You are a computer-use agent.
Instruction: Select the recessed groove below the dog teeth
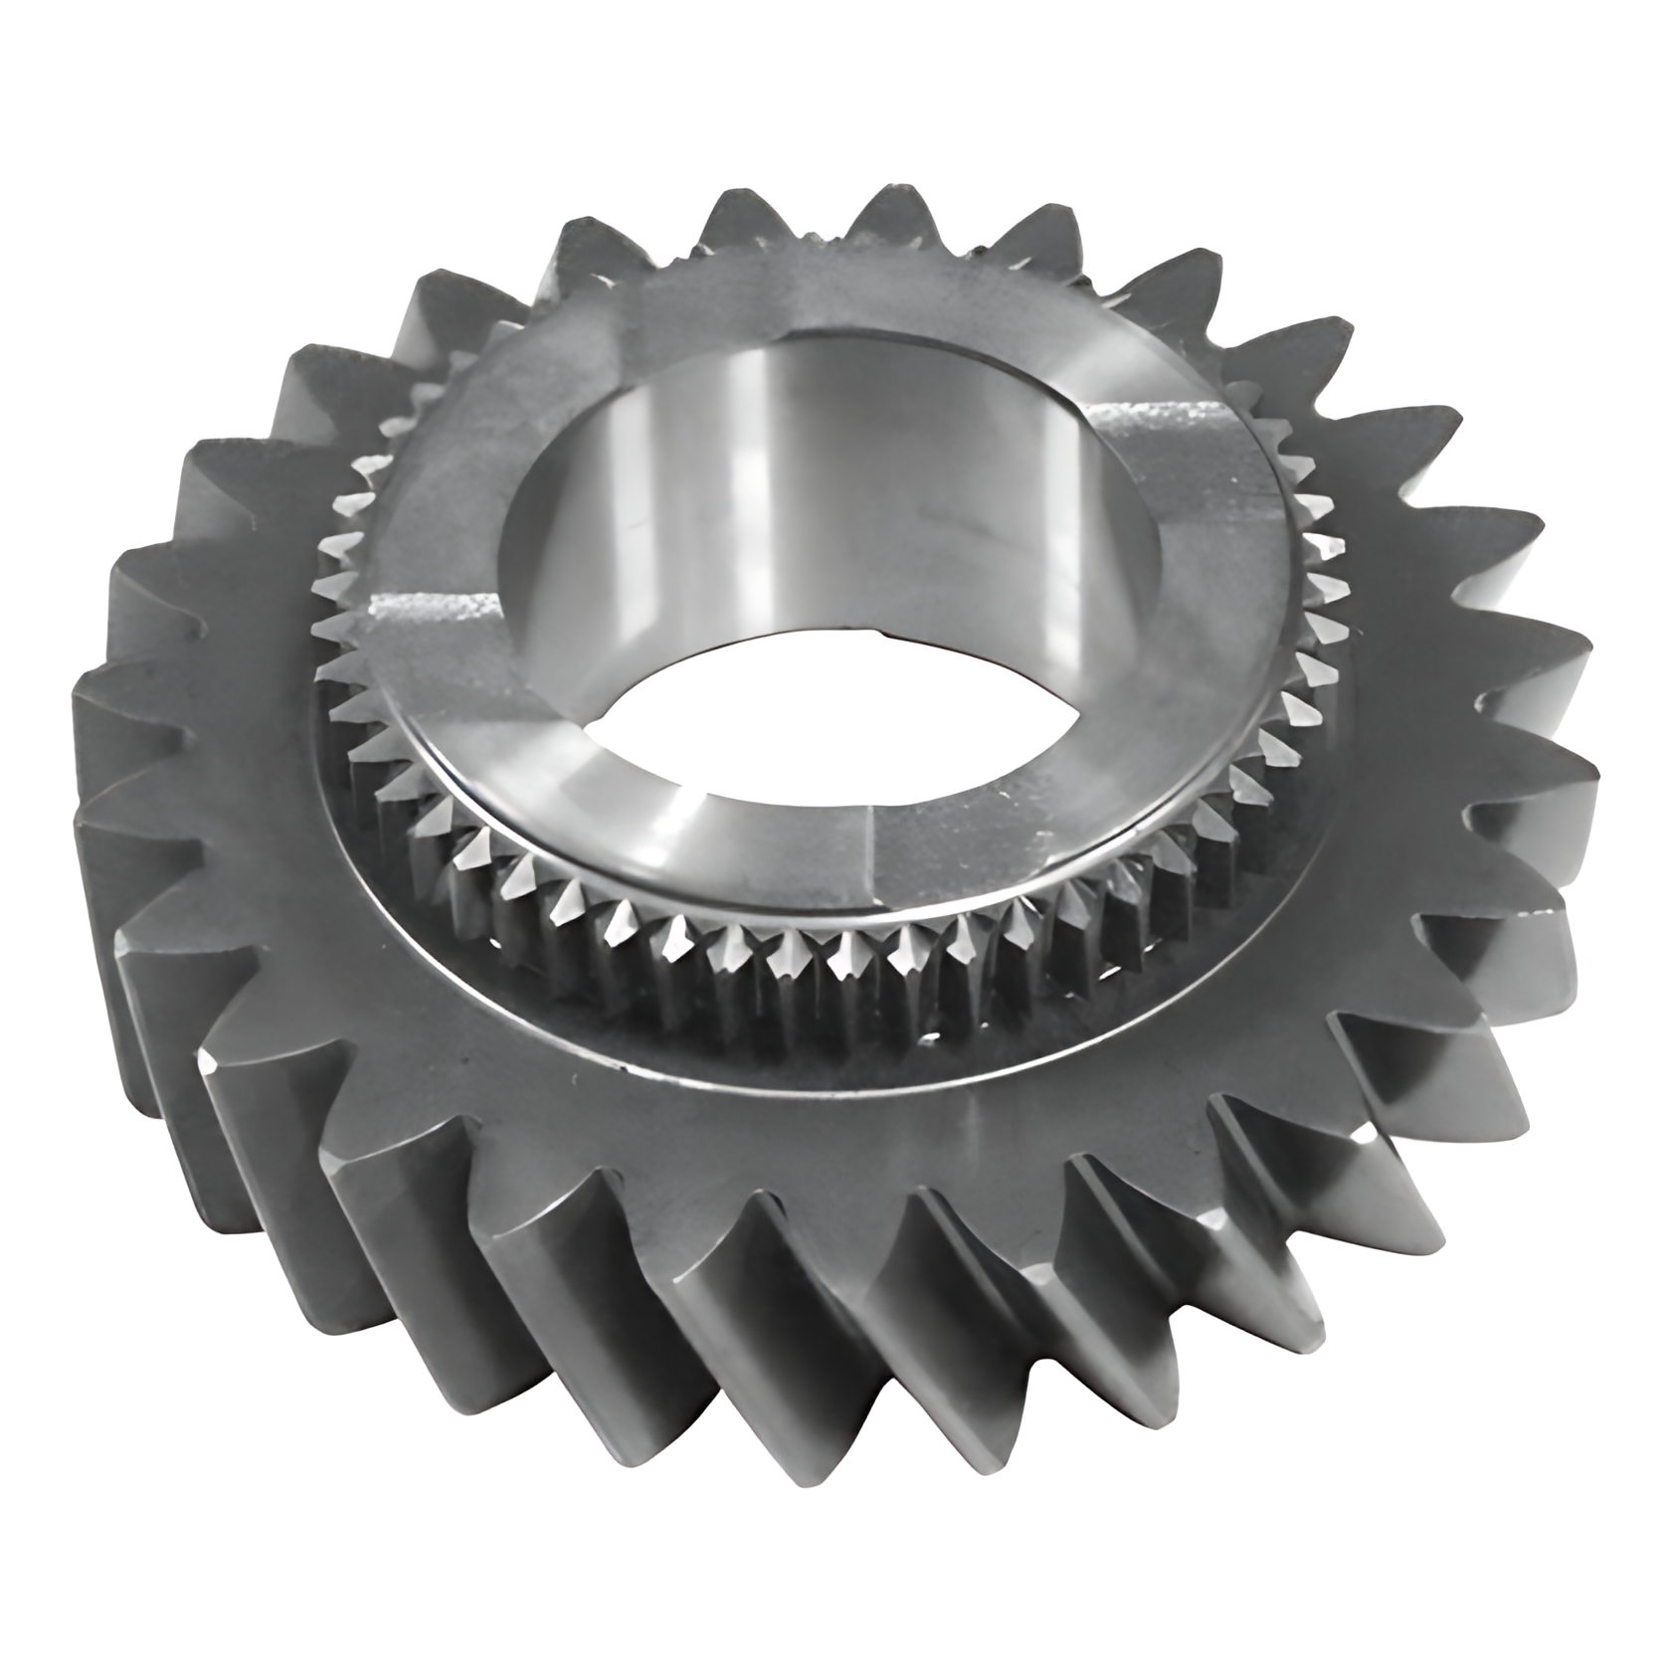click(x=696, y=1024)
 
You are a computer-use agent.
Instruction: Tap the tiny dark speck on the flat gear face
click(x=574, y=1076)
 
